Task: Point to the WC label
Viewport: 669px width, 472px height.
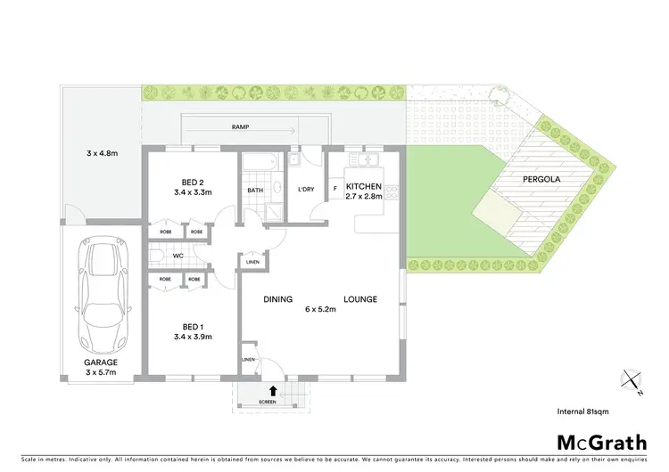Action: (178, 256)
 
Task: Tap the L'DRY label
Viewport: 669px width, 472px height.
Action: (304, 190)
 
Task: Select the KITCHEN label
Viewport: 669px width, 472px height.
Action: (364, 186)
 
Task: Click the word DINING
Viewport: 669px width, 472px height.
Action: (278, 299)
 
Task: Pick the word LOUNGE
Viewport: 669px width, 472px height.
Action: (360, 299)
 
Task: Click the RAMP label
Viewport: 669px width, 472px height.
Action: (240, 127)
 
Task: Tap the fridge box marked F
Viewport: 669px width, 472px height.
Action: (334, 188)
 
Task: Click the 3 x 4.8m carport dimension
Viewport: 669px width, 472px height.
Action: (101, 153)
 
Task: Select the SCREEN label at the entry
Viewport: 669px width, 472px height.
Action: (267, 403)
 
